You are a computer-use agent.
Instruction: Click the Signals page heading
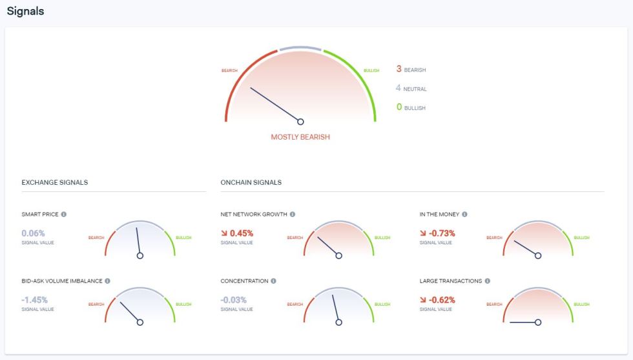point(25,11)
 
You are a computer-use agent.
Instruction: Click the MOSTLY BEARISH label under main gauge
point(300,137)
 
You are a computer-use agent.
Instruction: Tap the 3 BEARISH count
point(411,69)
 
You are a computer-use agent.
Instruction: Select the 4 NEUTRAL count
point(411,88)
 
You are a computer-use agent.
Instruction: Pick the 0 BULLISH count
point(411,107)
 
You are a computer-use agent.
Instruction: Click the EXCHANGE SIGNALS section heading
point(54,182)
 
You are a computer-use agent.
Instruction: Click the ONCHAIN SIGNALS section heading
point(251,182)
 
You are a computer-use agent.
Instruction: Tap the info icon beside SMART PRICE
point(63,214)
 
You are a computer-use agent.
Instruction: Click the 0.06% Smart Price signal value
point(33,233)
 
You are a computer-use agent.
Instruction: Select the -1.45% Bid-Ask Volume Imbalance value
point(36,300)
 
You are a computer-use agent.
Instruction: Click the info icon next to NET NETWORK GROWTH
point(293,214)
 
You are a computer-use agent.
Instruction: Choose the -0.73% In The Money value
point(441,233)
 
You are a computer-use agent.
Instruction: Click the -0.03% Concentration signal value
point(234,300)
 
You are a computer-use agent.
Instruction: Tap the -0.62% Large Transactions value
point(441,300)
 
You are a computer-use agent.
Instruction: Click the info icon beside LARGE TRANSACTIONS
point(488,281)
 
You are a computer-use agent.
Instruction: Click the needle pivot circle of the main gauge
point(300,122)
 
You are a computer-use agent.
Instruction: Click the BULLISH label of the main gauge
point(371,70)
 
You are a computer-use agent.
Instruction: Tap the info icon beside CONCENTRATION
point(274,281)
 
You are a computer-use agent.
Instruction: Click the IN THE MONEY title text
point(439,214)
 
